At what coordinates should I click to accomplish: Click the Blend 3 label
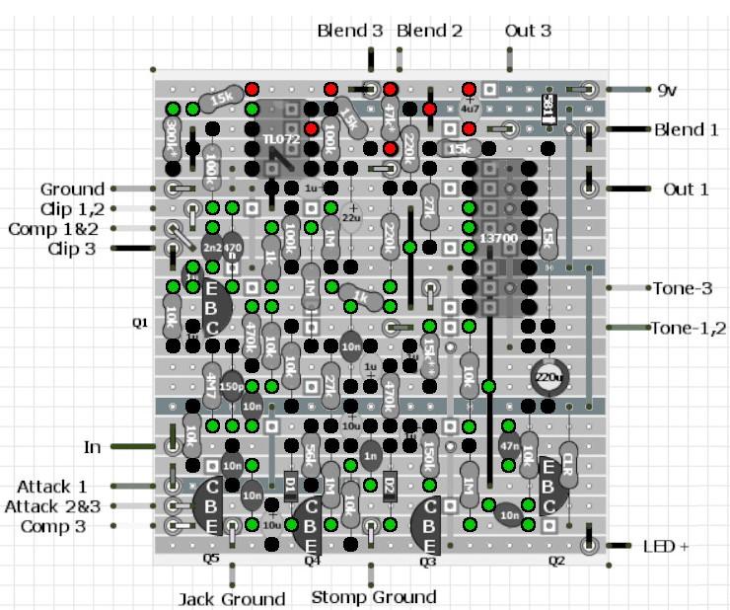(x=349, y=31)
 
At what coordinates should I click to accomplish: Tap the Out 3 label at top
(x=528, y=31)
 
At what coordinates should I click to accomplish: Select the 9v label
(x=669, y=89)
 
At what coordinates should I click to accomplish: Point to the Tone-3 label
(x=682, y=288)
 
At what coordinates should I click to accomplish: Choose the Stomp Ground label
(x=373, y=596)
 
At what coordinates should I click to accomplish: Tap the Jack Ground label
(x=232, y=599)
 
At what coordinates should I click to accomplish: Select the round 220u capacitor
(x=548, y=377)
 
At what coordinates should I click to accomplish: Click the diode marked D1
(x=291, y=485)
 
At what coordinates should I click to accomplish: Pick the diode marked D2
(x=390, y=485)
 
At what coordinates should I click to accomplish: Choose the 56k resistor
(x=310, y=453)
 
